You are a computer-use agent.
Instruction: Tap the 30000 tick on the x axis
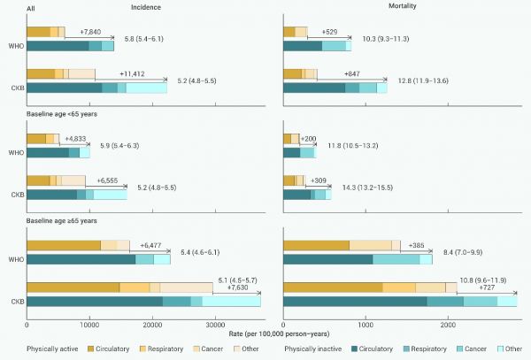[213, 326]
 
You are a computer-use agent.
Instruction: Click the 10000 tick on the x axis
[89, 326]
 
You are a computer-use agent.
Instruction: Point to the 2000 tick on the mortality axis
[449, 326]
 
